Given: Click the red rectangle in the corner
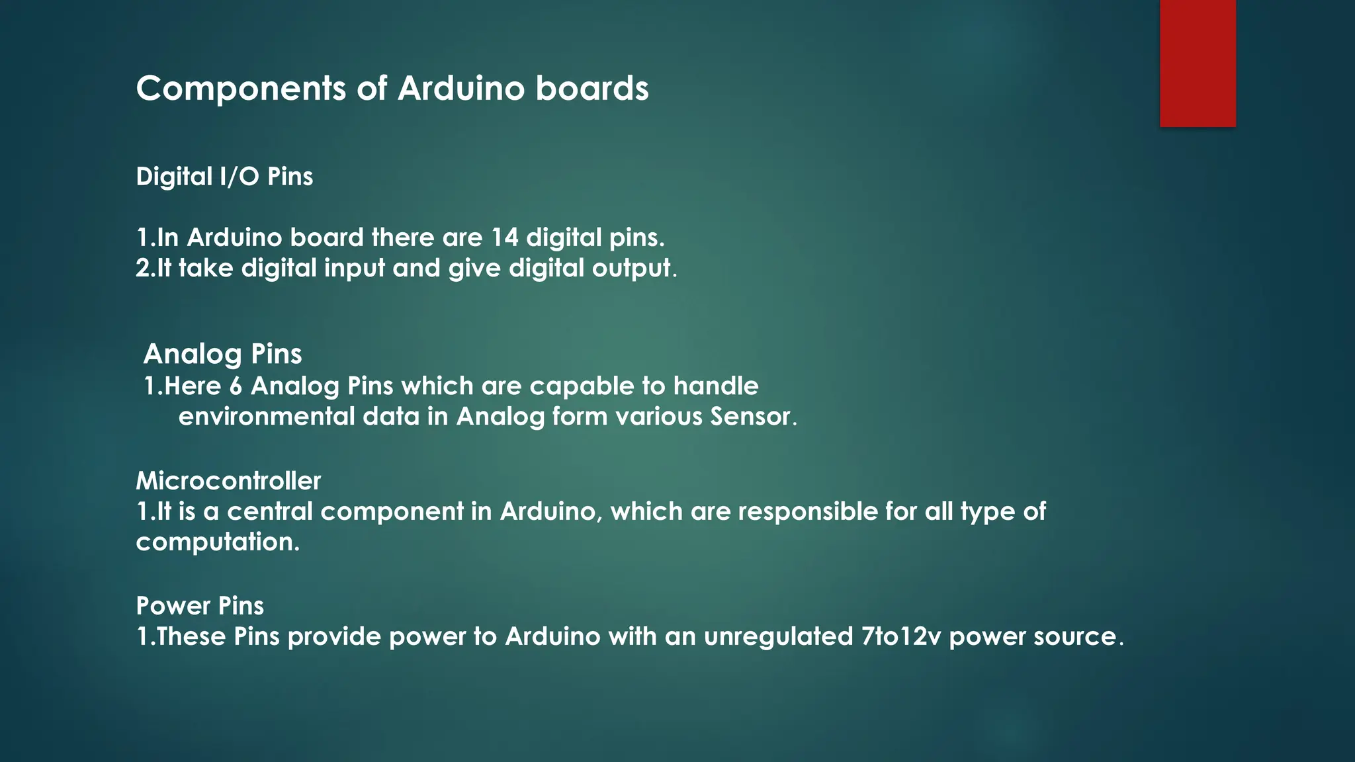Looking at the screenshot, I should (1198, 63).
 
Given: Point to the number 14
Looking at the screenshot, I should (504, 237).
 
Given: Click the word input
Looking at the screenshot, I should (354, 269).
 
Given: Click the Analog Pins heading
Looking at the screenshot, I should (222, 354).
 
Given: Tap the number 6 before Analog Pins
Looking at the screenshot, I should (236, 386).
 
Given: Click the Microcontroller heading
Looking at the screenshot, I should (228, 481).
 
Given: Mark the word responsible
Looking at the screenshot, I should (817, 511).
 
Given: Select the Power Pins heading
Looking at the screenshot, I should (200, 606).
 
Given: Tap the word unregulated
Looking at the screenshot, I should (778, 636).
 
